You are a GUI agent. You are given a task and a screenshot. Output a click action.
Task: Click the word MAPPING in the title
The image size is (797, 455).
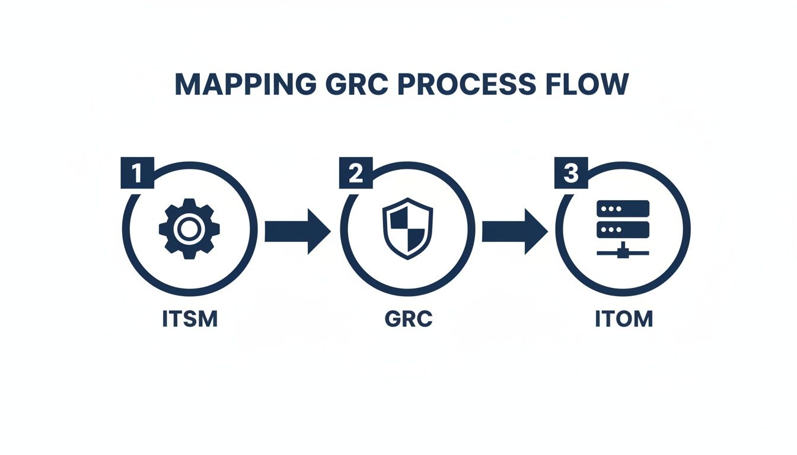coord(244,85)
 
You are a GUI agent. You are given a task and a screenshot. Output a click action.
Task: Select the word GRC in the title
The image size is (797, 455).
coord(352,85)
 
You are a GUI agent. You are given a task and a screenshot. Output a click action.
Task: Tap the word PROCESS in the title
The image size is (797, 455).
coord(464,85)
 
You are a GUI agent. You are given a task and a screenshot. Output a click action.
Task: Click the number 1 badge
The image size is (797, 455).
coord(137,174)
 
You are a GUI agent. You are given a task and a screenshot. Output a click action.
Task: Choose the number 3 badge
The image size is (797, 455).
coord(570,174)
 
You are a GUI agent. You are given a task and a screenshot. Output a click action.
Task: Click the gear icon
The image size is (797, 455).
coord(189,229)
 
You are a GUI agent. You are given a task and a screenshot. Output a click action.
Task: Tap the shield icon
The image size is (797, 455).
coord(407,229)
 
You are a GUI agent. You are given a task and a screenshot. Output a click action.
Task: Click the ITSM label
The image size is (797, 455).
coord(190,319)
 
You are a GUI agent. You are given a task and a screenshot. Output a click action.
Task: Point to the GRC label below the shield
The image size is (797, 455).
coord(409,319)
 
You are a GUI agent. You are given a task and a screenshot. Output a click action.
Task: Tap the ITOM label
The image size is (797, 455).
coord(623,319)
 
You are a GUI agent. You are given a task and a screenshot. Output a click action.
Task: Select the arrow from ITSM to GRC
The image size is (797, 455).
coord(297,230)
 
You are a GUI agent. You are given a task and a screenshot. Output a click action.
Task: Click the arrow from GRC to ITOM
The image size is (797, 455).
coord(514,230)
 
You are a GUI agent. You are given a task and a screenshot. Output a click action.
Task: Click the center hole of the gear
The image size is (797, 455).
coord(189,229)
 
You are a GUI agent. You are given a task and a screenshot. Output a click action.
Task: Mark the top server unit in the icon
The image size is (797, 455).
coord(623,209)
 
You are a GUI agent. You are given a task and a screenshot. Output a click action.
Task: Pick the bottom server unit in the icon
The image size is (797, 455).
coord(623,229)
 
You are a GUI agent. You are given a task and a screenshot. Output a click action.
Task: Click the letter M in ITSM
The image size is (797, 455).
coord(208,319)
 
